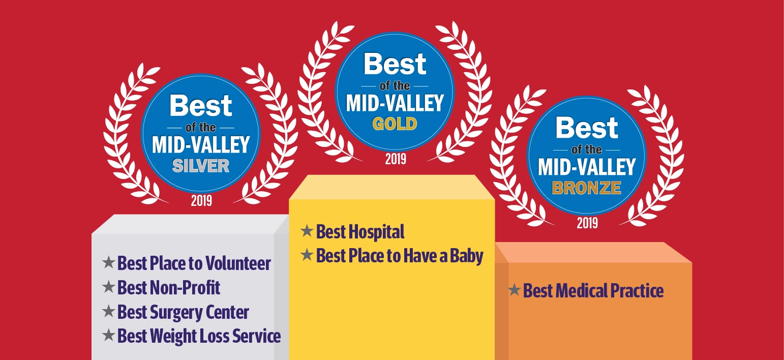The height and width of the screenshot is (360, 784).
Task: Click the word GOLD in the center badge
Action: coord(395,124)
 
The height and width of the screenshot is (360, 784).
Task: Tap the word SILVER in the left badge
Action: coord(201,166)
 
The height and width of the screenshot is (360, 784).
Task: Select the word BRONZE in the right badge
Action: coord(586,188)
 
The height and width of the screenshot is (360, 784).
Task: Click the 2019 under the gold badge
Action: coord(396,159)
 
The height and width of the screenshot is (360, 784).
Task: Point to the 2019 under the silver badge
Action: coord(201,201)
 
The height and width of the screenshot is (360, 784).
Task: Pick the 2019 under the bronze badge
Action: coord(587,223)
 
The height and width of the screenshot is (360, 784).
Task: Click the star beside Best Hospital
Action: coord(307,231)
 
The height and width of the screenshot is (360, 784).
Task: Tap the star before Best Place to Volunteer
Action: coord(108,262)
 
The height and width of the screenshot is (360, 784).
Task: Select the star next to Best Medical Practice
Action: coord(514,290)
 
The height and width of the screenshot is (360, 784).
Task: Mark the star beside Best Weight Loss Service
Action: coord(108,335)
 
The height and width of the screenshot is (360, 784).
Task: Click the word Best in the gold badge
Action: coord(395,65)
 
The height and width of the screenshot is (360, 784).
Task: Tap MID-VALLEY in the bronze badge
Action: coord(587,167)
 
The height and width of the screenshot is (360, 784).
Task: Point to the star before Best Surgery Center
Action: coord(108,311)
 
